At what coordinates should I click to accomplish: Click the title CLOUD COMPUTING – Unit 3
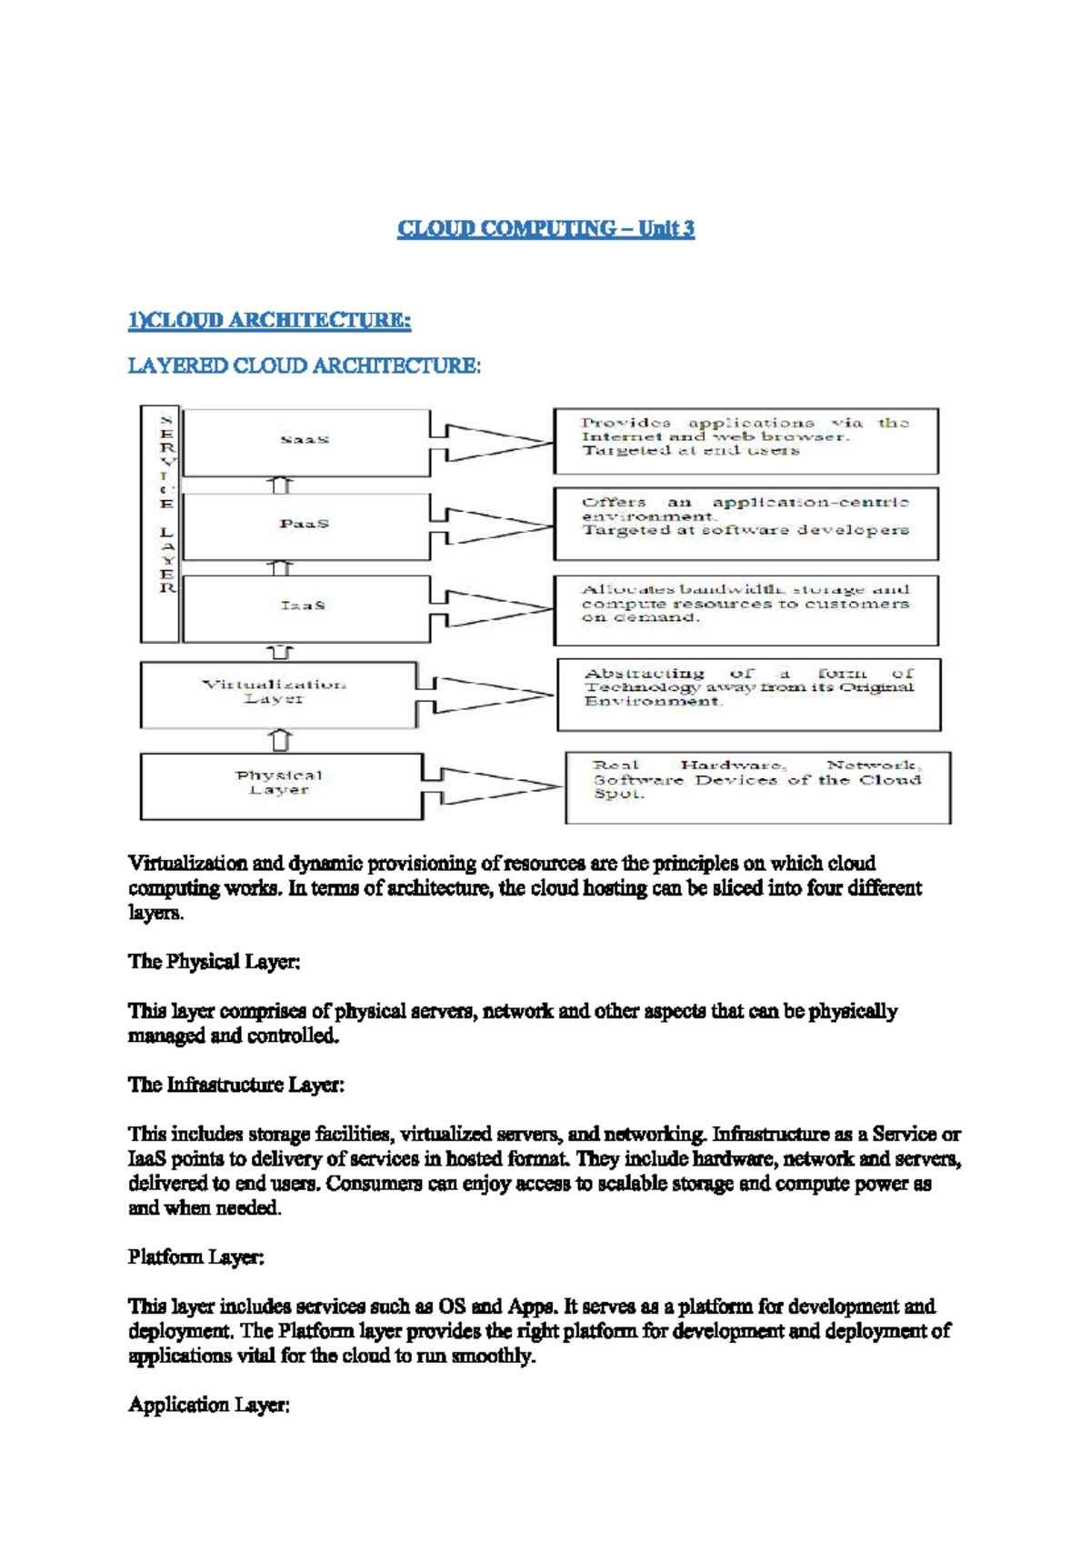545,228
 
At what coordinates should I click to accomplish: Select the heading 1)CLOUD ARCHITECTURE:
269,320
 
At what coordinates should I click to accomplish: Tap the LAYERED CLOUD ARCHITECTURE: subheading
304,366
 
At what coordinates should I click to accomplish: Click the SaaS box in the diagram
305,441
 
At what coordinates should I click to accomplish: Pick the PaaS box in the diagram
305,525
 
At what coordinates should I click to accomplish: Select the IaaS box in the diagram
305,606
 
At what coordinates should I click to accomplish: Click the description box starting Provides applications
746,441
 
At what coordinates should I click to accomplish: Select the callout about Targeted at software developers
746,523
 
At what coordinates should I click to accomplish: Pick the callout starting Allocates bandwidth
746,609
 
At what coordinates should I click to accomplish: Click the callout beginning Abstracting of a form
748,694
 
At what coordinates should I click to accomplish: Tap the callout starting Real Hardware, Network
757,786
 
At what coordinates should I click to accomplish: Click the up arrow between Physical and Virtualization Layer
281,740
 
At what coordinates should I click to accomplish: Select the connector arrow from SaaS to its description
491,442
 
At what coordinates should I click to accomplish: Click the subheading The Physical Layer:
214,962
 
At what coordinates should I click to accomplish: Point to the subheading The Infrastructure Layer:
235,1085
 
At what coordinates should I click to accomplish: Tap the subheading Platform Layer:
195,1257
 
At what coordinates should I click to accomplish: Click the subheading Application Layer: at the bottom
208,1406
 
